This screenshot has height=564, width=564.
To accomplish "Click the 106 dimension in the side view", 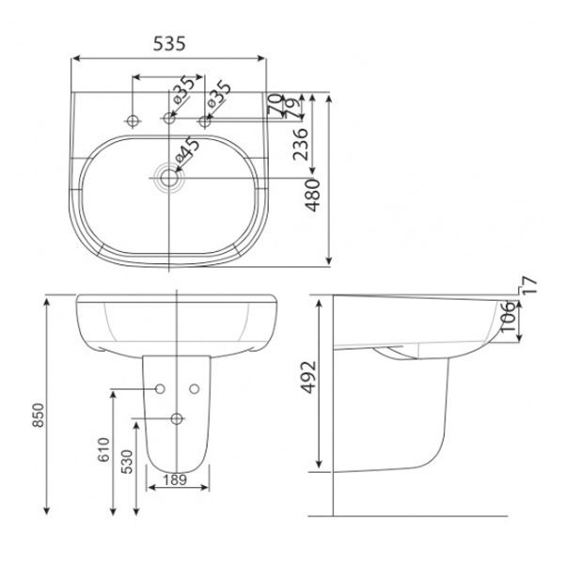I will pos(507,321).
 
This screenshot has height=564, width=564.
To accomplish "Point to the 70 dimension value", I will pos(274,101).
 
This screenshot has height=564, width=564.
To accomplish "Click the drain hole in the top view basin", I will pos(170,175).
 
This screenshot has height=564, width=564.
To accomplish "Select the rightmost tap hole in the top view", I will pos(205,119).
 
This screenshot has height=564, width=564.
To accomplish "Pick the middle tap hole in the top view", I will pos(170,119).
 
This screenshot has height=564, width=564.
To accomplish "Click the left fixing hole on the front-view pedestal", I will pos(160,388).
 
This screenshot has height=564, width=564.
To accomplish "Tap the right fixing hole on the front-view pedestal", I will pos(196,388).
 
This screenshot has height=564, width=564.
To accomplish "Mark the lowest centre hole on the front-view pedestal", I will pos(178,418).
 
